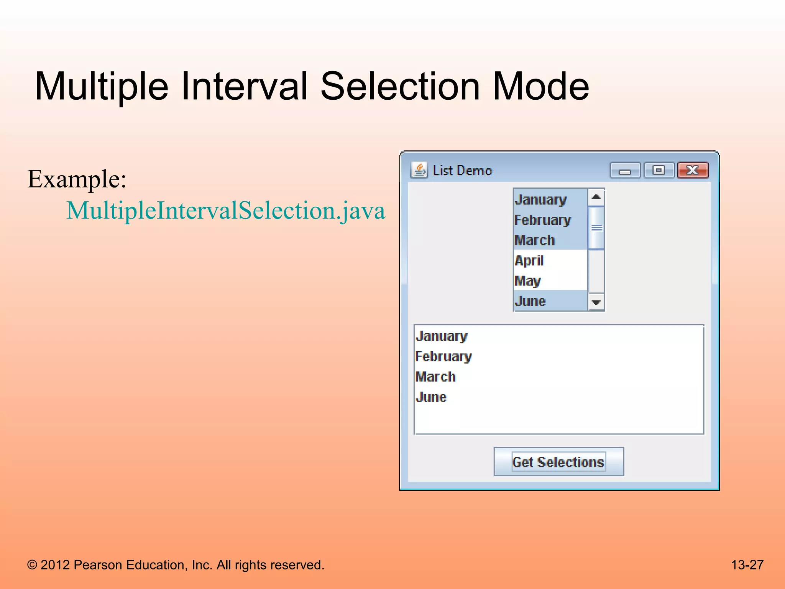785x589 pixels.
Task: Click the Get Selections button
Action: pyautogui.click(x=558, y=462)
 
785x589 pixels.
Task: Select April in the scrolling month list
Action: pyautogui.click(x=529, y=261)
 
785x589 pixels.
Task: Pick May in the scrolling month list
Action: pyautogui.click(x=528, y=281)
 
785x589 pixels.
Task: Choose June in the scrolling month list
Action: pyautogui.click(x=530, y=301)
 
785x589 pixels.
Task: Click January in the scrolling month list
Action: pyautogui.click(x=541, y=200)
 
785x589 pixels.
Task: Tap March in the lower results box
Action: pyautogui.click(x=436, y=377)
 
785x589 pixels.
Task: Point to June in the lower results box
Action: pyautogui.click(x=431, y=397)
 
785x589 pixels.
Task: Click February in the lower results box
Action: pyautogui.click(x=443, y=357)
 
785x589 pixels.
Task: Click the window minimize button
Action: pyautogui.click(x=625, y=171)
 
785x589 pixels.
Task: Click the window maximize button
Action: pyautogui.click(x=659, y=170)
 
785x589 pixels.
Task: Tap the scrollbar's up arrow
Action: pyautogui.click(x=596, y=197)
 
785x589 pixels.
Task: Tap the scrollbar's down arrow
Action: pyautogui.click(x=596, y=303)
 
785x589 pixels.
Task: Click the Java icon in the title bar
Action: pyautogui.click(x=419, y=170)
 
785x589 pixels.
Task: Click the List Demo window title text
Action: pyautogui.click(x=462, y=171)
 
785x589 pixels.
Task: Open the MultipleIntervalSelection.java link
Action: pyautogui.click(x=226, y=211)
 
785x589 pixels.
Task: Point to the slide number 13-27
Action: pyautogui.click(x=747, y=565)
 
